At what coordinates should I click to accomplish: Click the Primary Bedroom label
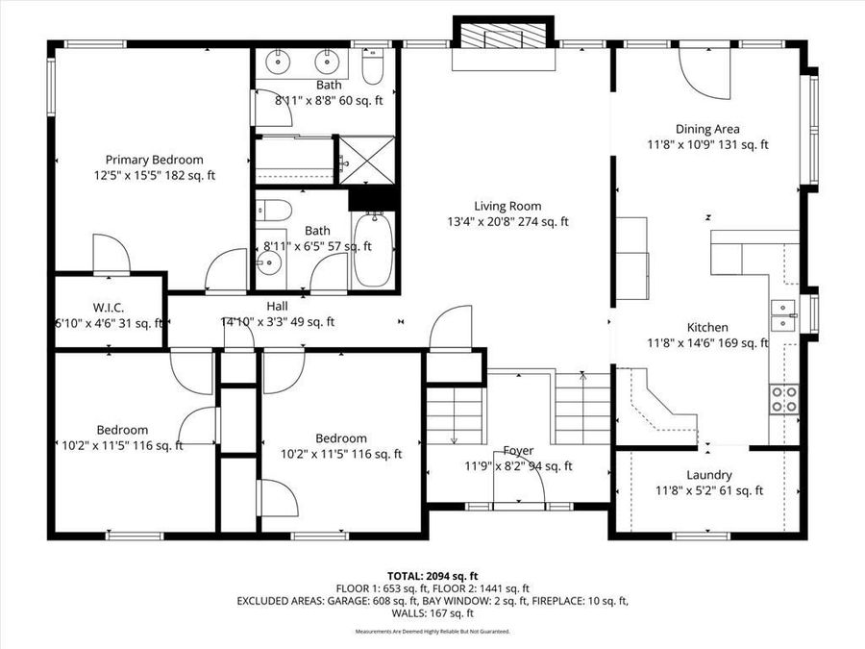point(154,160)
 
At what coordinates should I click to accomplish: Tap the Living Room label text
point(507,206)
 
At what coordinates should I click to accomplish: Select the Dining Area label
point(706,129)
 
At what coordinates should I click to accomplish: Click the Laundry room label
point(709,475)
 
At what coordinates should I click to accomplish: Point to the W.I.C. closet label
point(108,308)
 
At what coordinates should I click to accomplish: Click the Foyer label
point(518,451)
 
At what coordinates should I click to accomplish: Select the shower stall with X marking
point(367,156)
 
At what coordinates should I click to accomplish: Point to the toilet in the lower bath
point(270,212)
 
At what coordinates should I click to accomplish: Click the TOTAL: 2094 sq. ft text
point(432,574)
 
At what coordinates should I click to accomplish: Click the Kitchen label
point(706,328)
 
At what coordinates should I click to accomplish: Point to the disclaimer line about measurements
point(432,632)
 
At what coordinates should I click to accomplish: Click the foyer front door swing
point(518,487)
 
